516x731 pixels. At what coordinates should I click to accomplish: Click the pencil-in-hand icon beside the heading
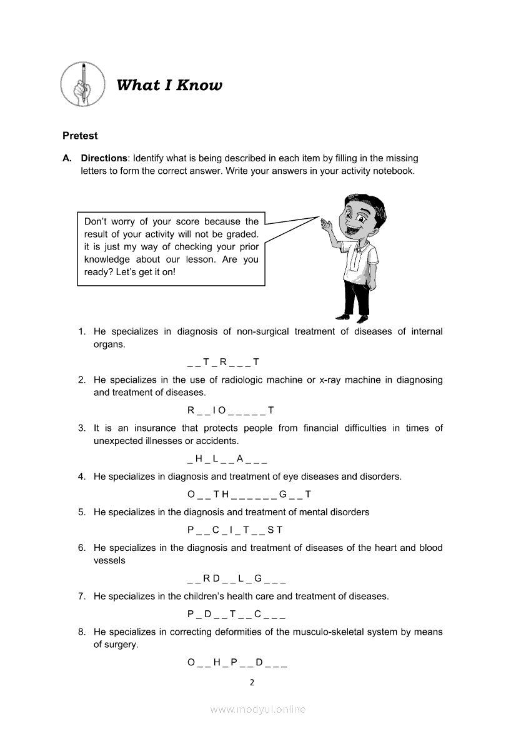(83, 84)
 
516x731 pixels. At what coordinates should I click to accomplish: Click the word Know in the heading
(199, 86)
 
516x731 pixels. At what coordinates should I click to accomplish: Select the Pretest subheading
(80, 136)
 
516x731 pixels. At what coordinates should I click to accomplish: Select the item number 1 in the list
(81, 331)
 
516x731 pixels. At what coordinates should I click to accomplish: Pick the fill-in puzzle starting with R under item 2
(231, 411)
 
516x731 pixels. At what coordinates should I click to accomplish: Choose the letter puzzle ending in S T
(235, 530)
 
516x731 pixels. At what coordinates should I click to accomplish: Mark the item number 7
(81, 597)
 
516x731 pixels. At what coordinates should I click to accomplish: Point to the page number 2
(252, 683)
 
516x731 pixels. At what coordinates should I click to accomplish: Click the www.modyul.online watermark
(258, 710)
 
